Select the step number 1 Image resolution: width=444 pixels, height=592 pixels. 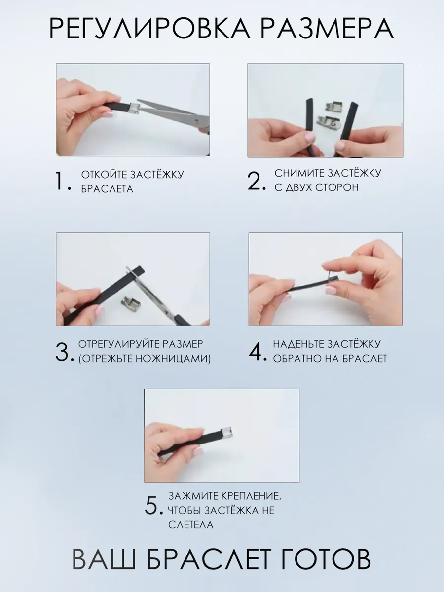pyautogui.click(x=63, y=181)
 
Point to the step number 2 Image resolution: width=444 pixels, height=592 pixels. pyautogui.click(x=257, y=181)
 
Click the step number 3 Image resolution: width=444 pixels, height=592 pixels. pyautogui.click(x=65, y=352)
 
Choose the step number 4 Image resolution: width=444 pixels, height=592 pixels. pyautogui.click(x=258, y=352)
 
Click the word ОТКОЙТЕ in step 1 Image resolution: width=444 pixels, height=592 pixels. pyautogui.click(x=104, y=175)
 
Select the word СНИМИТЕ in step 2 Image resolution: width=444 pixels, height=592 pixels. pyautogui.click(x=298, y=173)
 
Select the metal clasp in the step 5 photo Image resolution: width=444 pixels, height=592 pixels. pyautogui.click(x=227, y=433)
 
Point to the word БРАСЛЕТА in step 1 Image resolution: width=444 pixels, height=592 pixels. pyautogui.click(x=107, y=189)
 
